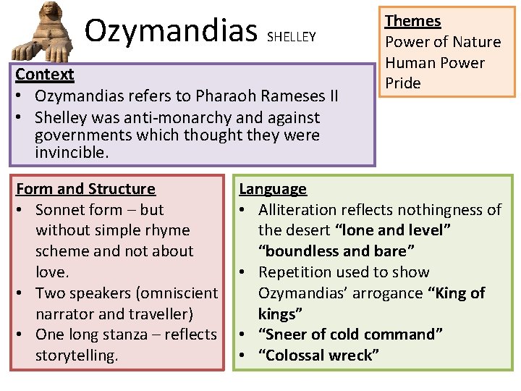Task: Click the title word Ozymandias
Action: click(171, 30)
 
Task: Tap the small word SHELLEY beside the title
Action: click(292, 36)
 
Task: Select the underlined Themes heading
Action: click(412, 21)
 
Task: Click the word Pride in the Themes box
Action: click(403, 83)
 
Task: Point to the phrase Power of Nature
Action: click(443, 42)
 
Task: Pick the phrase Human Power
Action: click(434, 62)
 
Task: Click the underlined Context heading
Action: click(45, 75)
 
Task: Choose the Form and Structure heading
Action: click(85, 189)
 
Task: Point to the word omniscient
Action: click(179, 293)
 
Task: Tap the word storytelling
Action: click(76, 356)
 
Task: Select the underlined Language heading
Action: click(273, 189)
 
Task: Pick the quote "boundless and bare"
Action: click(336, 251)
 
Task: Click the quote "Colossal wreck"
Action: click(319, 356)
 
